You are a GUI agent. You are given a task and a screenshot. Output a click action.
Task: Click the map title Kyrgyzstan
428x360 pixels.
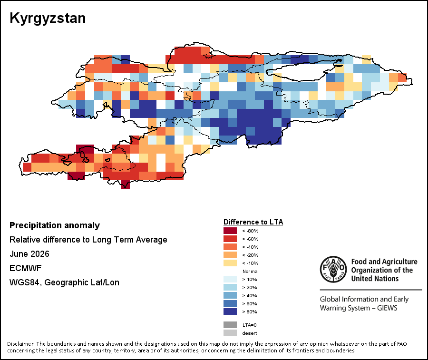48,19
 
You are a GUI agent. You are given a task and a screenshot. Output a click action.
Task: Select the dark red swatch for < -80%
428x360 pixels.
230,231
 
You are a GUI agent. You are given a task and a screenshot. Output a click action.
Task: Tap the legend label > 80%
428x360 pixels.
250,311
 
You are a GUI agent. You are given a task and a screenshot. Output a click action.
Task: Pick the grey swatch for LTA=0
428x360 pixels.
230,325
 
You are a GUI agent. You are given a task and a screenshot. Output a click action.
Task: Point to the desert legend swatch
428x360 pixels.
230,333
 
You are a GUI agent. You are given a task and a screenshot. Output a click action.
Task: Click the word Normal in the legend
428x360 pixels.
250,271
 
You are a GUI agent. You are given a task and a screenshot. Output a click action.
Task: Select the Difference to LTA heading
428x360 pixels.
253,222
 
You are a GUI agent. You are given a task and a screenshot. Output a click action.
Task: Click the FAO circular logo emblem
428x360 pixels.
333,269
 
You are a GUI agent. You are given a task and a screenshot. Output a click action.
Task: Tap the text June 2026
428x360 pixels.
29,254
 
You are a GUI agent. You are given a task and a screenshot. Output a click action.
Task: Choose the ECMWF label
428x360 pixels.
25,268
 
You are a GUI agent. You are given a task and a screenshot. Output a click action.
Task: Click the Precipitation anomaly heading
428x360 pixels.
55,225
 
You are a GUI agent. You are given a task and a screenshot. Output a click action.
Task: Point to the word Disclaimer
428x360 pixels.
21,344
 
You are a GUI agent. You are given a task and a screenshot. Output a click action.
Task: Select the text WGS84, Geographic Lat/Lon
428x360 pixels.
64,282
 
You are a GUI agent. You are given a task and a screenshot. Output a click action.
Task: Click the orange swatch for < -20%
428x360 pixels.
230,255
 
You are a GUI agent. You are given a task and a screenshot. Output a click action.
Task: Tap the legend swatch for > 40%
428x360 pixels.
230,295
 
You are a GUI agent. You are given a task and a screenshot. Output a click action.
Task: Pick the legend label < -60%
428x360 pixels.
250,239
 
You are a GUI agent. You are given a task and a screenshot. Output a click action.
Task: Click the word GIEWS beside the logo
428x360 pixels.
387,308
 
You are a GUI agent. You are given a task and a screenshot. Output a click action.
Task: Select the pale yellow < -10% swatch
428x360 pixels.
230,263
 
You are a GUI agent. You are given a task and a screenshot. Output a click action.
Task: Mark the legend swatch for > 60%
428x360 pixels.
230,303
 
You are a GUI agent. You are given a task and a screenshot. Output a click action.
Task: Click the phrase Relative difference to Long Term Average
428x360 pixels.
88,240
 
